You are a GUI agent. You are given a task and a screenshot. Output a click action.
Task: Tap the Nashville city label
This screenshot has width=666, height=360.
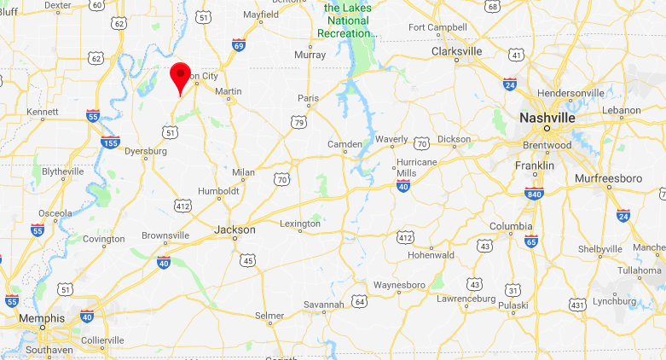(x=547, y=117)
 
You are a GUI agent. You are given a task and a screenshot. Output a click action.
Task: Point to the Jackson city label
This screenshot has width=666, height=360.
(x=234, y=229)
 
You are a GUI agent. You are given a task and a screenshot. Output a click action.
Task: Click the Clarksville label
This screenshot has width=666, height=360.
(x=456, y=51)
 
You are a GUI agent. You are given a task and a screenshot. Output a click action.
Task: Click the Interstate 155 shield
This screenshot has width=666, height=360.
(x=109, y=141)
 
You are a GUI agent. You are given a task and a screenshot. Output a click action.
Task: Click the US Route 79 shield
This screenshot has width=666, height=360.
(x=298, y=124)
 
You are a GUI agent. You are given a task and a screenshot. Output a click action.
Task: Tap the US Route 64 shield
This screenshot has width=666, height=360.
(x=361, y=301)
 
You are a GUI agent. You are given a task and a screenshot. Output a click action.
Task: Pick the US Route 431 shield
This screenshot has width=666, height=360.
(x=577, y=305)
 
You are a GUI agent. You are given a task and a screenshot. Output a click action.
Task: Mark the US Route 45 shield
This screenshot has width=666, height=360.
(x=246, y=259)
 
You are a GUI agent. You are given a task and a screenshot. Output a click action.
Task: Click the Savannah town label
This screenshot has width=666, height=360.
(x=324, y=305)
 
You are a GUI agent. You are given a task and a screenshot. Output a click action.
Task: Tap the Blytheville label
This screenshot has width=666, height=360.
(x=63, y=171)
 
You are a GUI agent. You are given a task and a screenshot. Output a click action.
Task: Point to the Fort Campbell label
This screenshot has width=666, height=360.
(x=437, y=27)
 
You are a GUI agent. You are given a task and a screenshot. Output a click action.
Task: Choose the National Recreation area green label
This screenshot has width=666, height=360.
(x=350, y=21)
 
